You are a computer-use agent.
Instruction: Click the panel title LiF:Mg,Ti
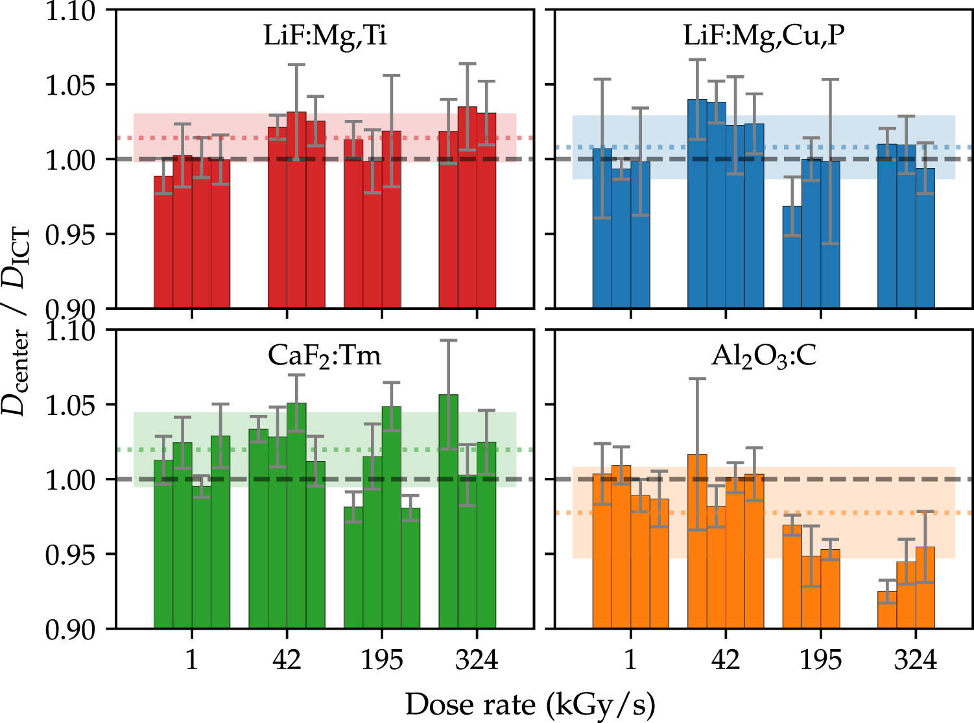click(325, 36)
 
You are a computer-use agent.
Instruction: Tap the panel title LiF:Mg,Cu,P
click(764, 36)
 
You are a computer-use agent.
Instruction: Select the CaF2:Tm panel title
click(325, 355)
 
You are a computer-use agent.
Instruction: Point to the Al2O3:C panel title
click(764, 357)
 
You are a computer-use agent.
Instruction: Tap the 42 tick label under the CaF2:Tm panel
click(287, 660)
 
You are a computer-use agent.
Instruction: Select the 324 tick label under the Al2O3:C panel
click(915, 660)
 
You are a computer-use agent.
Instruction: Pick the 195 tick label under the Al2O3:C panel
click(820, 660)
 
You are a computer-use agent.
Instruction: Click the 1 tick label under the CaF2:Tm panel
click(191, 660)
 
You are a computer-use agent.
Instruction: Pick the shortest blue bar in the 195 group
click(792, 257)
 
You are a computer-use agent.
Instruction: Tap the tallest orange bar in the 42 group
click(697, 541)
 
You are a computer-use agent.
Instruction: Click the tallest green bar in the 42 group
click(296, 516)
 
